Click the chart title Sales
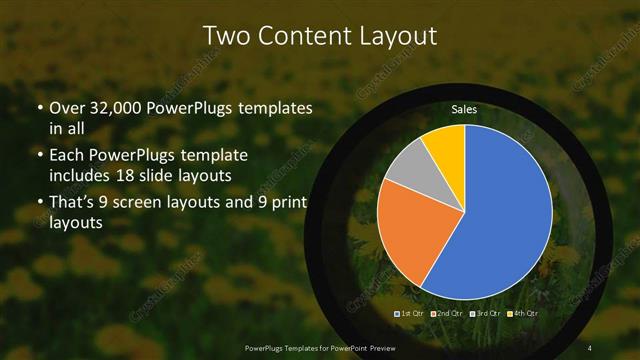pyautogui.click(x=464, y=108)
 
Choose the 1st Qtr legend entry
pyautogui.click(x=412, y=314)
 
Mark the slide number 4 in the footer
pyautogui.click(x=590, y=346)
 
